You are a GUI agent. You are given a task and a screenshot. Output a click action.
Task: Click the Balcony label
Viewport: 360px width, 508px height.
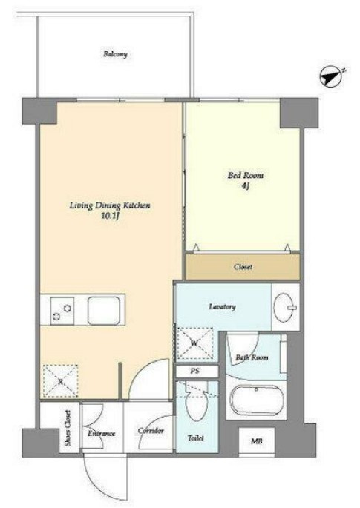(x=115, y=54)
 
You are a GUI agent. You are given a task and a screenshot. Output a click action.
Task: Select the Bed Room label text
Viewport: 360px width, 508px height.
(x=245, y=176)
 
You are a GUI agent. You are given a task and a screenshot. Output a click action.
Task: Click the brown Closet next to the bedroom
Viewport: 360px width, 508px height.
(x=242, y=267)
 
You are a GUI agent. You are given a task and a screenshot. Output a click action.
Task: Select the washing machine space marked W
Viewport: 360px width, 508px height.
(x=194, y=344)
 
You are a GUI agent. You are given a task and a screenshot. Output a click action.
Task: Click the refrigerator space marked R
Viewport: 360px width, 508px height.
(x=61, y=381)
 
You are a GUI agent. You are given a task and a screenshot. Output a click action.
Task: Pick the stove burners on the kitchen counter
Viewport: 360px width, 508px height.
(x=62, y=311)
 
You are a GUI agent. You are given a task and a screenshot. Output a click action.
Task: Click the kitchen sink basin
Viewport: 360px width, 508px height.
(x=103, y=311)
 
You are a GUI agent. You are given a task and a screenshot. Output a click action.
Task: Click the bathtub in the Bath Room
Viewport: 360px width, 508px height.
(x=256, y=400)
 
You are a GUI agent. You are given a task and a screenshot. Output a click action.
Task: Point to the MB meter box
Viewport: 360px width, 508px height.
(x=257, y=441)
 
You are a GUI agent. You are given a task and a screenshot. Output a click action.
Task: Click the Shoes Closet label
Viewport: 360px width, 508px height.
(x=68, y=428)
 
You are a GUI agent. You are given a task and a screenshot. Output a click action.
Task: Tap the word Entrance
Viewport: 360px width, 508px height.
(x=102, y=433)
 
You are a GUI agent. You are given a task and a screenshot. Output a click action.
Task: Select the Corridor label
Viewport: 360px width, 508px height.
(x=151, y=431)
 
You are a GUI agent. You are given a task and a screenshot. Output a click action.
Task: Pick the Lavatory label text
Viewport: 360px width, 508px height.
(x=222, y=306)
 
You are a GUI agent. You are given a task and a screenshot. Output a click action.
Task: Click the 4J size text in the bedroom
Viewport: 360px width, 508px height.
(x=245, y=186)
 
